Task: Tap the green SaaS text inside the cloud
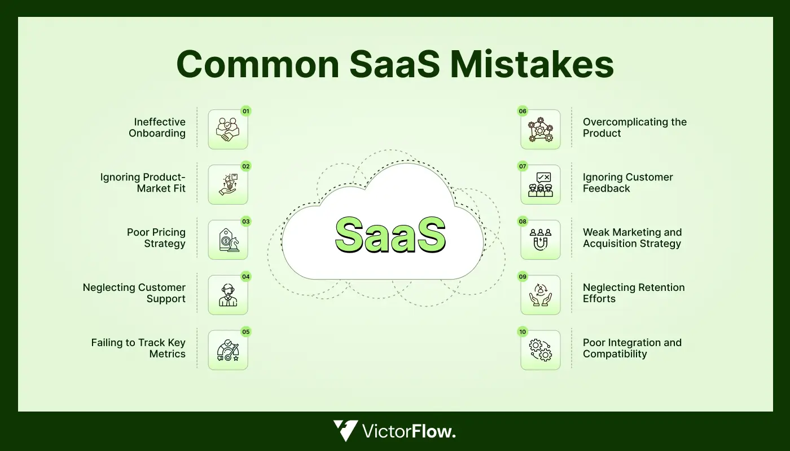pos(390,235)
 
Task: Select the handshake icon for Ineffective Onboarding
pos(227,130)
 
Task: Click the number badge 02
pos(246,166)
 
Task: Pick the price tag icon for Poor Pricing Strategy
pos(227,240)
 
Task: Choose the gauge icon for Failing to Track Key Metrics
pos(227,351)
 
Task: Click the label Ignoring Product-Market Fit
pos(143,183)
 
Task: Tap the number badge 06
pos(523,111)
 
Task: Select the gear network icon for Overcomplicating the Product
pos(541,130)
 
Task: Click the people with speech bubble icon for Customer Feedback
pos(541,185)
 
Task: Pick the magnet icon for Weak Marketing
pos(541,240)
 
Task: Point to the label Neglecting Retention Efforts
pos(633,293)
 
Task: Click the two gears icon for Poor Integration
pos(541,351)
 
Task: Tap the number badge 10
pos(523,332)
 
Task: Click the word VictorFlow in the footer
pos(409,432)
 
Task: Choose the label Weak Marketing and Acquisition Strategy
pos(632,238)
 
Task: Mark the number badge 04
pos(246,277)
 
